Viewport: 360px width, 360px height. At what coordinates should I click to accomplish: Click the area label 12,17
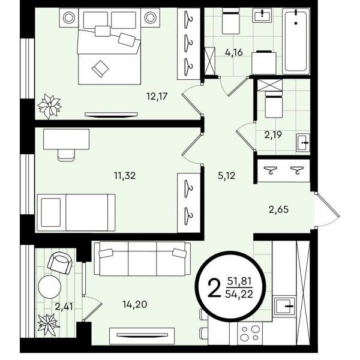157,97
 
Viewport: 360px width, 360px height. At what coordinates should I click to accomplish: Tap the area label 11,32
125,176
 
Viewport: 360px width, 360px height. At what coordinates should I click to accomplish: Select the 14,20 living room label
135,304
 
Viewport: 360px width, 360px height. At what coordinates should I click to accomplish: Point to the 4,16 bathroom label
234,52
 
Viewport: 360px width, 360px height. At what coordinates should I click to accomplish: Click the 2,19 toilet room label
273,135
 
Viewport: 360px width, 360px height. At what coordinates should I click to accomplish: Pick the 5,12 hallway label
227,176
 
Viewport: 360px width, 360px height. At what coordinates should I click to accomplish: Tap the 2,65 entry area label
278,209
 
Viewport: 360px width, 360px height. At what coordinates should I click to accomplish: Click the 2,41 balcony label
64,307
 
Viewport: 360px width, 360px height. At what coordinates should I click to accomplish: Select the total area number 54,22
239,293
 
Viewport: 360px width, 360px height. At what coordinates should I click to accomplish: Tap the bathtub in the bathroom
296,41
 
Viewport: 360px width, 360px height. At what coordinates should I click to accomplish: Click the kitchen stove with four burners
250,333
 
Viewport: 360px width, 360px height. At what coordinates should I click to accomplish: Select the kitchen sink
284,307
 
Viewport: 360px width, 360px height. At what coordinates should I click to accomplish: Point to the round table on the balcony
50,287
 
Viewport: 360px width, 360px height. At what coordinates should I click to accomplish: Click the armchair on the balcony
60,263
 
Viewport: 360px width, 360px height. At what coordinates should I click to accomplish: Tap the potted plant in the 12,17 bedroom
49,106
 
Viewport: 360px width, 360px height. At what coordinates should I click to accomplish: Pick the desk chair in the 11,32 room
67,155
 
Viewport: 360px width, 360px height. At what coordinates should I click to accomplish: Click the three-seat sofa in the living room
142,259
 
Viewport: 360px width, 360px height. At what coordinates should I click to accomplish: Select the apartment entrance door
327,210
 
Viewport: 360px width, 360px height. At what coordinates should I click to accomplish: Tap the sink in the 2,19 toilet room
303,143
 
